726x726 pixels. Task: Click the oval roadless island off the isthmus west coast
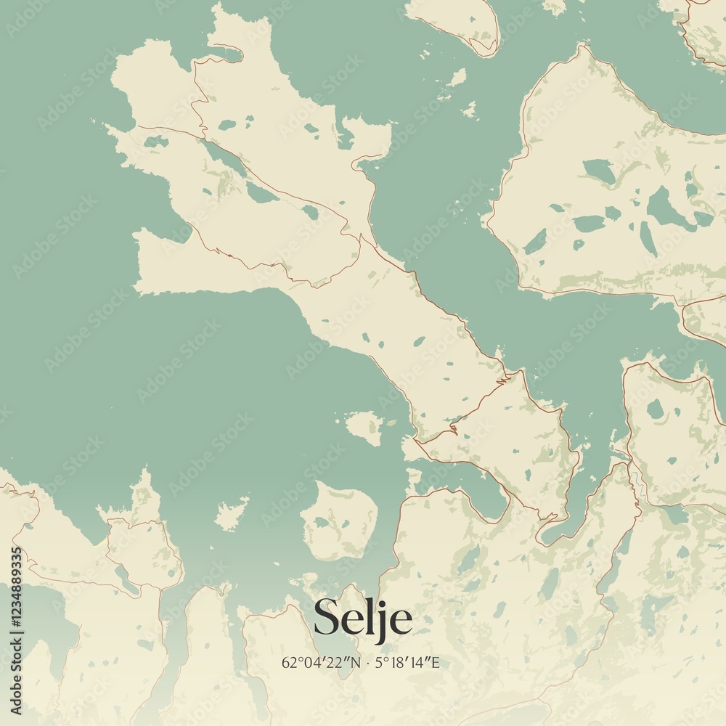pyautogui.click(x=364, y=426)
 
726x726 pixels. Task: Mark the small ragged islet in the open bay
pyautogui.click(x=231, y=514)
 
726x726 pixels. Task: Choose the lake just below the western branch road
pyautogui.click(x=155, y=142)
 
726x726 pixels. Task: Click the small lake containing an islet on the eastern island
pyautogui.click(x=598, y=173)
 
